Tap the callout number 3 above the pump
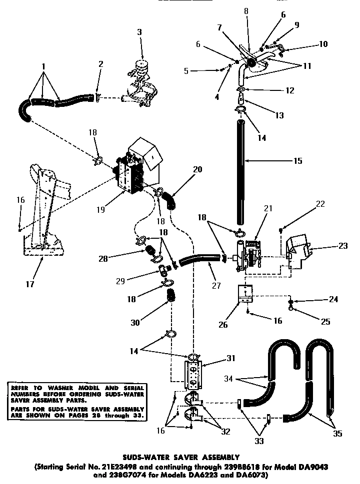point(139,32)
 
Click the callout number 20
point(197,169)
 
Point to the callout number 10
point(323,44)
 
